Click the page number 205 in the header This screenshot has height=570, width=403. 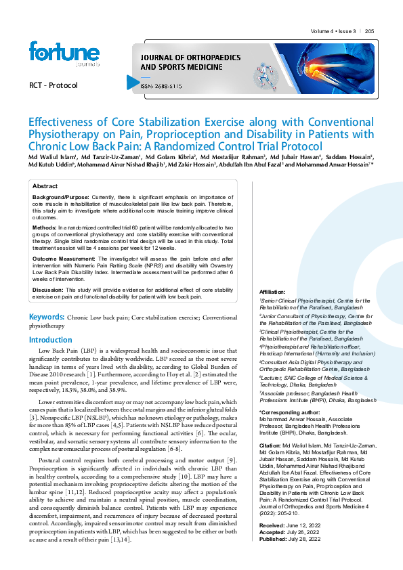point(369,32)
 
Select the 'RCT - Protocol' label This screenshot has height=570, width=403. point(54,86)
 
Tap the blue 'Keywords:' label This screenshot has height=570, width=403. point(45,317)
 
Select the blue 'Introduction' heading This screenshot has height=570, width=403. point(51,340)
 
